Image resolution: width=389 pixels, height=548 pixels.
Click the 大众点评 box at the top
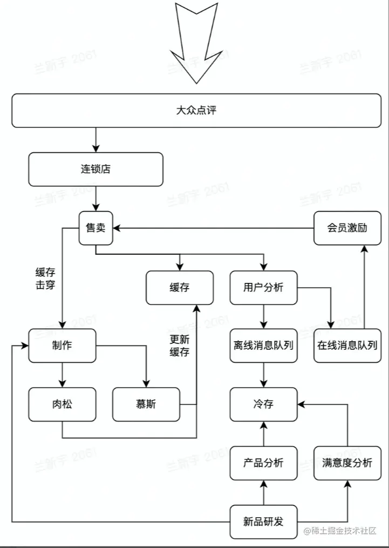pos(196,111)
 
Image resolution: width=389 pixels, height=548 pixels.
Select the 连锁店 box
pos(95,169)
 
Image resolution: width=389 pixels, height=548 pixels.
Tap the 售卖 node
pos(95,228)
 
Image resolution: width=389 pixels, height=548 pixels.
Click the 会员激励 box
pos(347,227)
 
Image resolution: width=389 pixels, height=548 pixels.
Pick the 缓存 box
pos(179,287)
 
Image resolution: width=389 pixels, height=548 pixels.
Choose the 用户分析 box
pos(263,287)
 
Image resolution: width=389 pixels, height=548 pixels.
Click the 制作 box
pos(62,346)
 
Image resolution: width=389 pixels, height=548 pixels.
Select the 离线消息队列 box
pos(263,346)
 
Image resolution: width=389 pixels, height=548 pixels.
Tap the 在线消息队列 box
pos(347,346)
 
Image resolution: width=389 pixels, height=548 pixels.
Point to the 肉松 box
pos(62,404)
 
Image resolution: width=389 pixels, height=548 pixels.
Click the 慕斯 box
pos(146,404)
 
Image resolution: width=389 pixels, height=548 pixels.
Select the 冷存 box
pos(263,404)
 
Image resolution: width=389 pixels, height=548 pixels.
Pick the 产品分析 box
pos(263,463)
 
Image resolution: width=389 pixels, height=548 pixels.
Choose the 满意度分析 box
pos(347,463)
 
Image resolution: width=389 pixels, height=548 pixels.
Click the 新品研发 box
pos(263,522)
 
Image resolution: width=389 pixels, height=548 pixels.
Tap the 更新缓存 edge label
pos(180,346)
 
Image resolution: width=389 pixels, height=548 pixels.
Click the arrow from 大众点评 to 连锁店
pos(95,140)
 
